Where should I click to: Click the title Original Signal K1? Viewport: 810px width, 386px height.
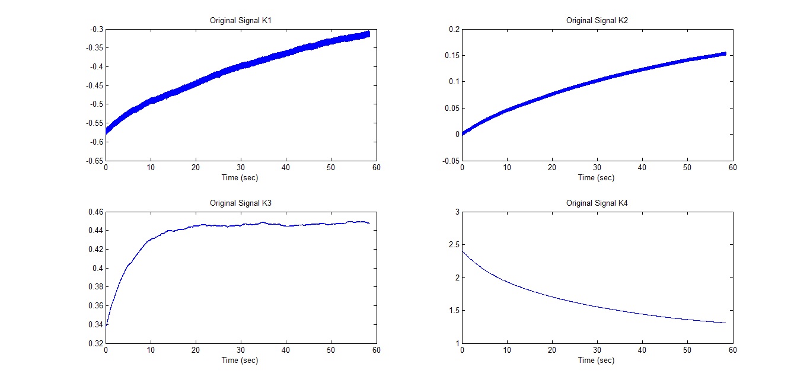pos(241,20)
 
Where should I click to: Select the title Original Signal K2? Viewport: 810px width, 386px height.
pos(597,20)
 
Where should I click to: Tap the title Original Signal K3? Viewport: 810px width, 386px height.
pos(241,203)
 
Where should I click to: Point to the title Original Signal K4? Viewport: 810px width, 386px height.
pos(597,203)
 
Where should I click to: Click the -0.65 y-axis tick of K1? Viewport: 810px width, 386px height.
pos(93,161)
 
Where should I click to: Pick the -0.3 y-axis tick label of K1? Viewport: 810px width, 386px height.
pos(95,29)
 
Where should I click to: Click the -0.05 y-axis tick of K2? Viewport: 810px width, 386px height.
pos(449,161)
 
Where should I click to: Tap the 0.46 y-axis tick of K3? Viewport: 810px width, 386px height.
pos(94,212)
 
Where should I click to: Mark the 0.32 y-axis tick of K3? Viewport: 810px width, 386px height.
pos(94,343)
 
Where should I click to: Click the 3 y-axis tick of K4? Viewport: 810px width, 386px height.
pos(456,212)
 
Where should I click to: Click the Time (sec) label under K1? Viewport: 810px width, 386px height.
pos(241,177)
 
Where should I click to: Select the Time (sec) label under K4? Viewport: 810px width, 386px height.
pos(597,360)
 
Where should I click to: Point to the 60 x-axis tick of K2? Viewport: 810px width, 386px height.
pos(733,168)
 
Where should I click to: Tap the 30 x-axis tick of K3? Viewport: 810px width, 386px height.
pos(241,350)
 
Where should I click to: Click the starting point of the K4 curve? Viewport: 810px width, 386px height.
pos(463,251)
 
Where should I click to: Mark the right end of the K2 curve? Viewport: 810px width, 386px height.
pos(725,54)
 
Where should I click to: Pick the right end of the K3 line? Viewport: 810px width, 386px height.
pos(369,224)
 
